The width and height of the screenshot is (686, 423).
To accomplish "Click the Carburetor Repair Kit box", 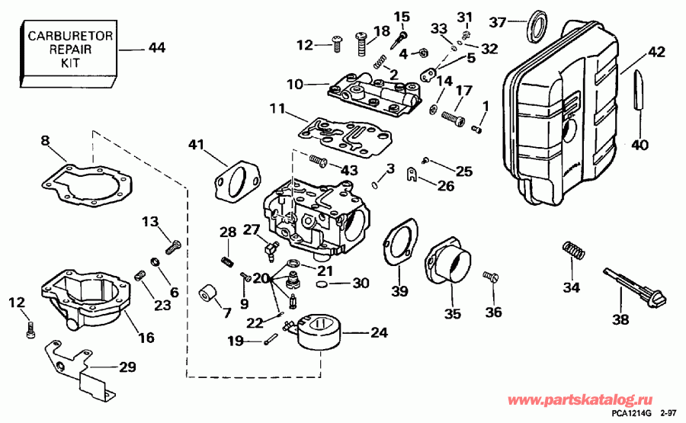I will [x=70, y=50].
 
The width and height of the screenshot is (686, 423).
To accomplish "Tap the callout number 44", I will [x=156, y=48].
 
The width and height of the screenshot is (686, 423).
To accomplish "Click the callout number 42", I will [x=656, y=53].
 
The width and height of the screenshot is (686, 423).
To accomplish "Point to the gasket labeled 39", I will [x=399, y=243].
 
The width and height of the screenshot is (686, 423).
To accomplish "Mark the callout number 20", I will [x=261, y=279].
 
